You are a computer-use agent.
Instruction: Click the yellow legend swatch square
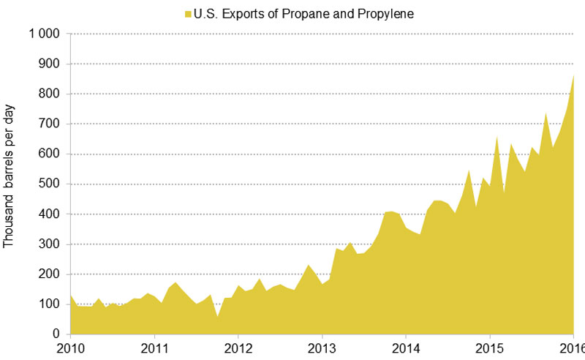(x=188, y=14)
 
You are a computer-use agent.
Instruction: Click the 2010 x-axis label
(x=72, y=346)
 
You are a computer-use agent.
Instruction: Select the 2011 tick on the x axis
(x=155, y=346)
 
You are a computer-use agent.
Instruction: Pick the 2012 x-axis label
(x=238, y=346)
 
